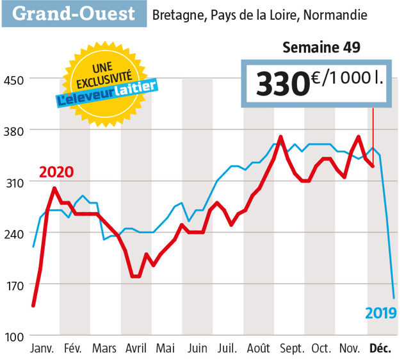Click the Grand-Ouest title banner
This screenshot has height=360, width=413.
click(74, 13)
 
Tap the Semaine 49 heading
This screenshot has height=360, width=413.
click(321, 47)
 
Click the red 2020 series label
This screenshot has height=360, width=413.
click(56, 172)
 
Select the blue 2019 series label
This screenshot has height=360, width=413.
click(381, 313)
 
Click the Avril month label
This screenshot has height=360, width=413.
click(135, 349)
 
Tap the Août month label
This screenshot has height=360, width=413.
click(259, 349)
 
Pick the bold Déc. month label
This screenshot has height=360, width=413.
click(380, 349)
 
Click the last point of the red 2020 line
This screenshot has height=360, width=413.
click(373, 167)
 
